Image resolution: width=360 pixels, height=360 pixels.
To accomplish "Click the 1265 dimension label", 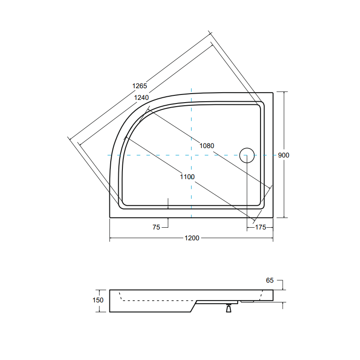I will (x=139, y=85).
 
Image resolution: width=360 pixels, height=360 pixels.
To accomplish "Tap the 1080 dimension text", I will (x=207, y=145).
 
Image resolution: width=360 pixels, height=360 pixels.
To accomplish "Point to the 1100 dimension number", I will (x=187, y=177).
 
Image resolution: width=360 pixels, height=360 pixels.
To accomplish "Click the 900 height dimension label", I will (x=283, y=155).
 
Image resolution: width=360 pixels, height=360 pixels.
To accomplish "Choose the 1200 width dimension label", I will (x=192, y=238).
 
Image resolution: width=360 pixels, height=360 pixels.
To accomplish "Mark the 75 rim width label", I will (x=156, y=228).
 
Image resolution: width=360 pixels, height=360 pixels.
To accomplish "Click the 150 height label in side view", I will (x=98, y=300).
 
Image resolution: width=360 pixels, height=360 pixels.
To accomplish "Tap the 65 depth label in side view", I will (x=270, y=280).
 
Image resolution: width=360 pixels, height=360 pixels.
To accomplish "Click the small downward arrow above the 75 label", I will (x=168, y=204).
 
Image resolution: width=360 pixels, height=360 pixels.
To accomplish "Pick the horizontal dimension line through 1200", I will (x=144, y=238).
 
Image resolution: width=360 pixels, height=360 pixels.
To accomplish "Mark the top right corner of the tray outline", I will (x=273, y=93).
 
